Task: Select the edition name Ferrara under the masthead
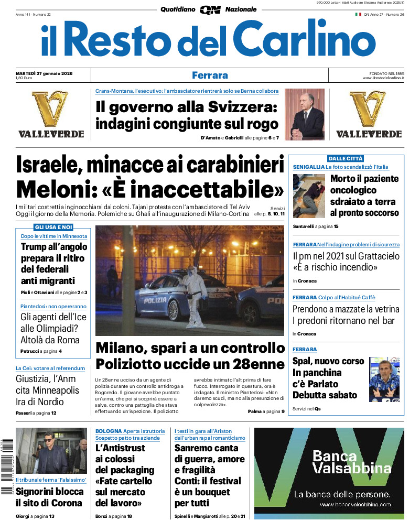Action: point(210,75)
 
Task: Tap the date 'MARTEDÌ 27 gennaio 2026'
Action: point(44,73)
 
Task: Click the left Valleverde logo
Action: point(51,114)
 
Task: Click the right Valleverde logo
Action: point(369,114)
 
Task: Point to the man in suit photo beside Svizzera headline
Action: point(304,114)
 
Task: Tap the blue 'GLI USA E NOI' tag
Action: point(53,227)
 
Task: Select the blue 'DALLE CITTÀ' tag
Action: point(346,158)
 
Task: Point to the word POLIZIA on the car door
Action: point(156,300)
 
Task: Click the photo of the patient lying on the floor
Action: point(309,196)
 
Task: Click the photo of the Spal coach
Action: point(384,379)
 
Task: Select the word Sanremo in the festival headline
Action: point(199,448)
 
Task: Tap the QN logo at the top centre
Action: point(210,9)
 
